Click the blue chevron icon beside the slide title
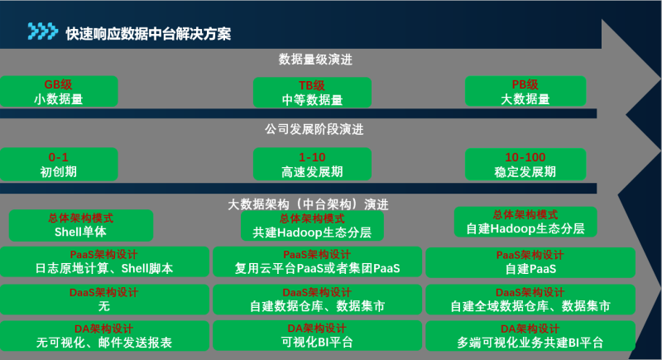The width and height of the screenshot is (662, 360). tap(43, 31)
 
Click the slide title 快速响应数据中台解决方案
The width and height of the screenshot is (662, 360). tap(148, 34)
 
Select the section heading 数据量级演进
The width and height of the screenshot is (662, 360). tap(315, 60)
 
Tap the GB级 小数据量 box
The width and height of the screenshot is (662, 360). tap(59, 91)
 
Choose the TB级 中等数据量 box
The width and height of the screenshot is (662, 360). tap(313, 93)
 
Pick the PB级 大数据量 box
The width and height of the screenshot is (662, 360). tap(525, 91)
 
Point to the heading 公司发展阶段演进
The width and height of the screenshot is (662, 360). tap(314, 129)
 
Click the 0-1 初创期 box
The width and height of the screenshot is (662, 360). tap(59, 164)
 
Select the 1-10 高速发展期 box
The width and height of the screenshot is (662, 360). tap(313, 164)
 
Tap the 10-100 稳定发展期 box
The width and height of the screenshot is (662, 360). tap(525, 164)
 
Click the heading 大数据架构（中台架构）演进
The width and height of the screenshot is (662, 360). tap(308, 204)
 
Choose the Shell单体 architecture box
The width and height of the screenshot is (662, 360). tap(81, 225)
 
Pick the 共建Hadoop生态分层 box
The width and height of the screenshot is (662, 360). tap(313, 226)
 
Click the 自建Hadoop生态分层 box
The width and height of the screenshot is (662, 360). tap(525, 222)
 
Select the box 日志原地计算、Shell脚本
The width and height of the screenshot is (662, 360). tap(104, 262)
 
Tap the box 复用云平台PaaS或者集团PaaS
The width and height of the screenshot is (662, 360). tap(318, 262)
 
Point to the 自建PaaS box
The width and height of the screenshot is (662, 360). tap(530, 262)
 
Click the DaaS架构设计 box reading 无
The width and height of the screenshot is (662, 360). tap(104, 300)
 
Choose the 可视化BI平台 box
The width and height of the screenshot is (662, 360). tap(318, 335)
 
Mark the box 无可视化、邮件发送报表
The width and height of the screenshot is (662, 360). tap(104, 336)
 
